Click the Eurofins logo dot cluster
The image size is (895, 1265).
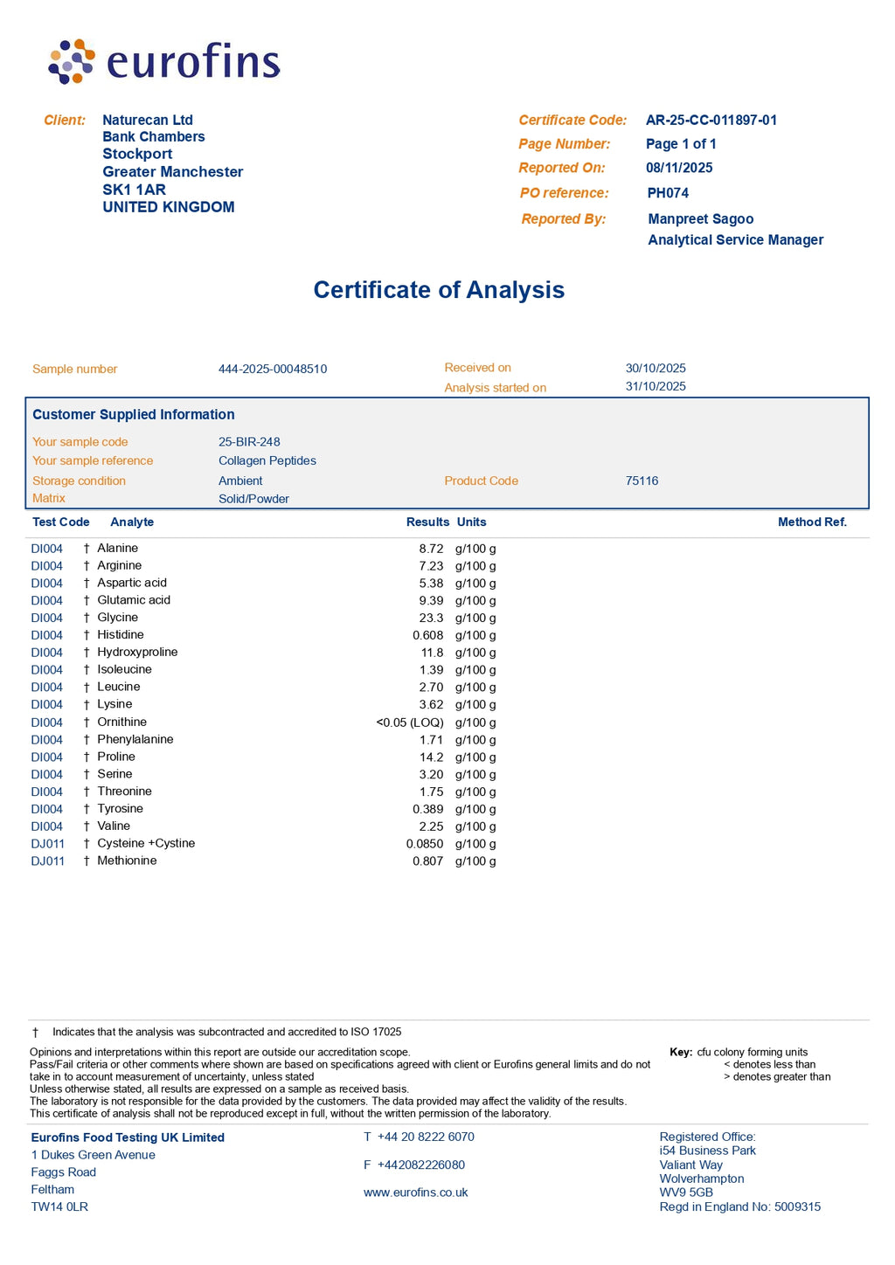pyautogui.click(x=72, y=61)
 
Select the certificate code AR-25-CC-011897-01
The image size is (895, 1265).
pyautogui.click(x=711, y=121)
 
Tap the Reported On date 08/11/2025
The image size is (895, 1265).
pyautogui.click(x=679, y=168)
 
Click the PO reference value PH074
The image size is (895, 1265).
pyautogui.click(x=668, y=193)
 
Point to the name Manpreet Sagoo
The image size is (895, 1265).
pyautogui.click(x=700, y=219)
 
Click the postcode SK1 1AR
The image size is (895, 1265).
pyautogui.click(x=134, y=190)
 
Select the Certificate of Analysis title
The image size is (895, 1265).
pyautogui.click(x=439, y=290)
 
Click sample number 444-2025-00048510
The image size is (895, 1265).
pyautogui.click(x=273, y=370)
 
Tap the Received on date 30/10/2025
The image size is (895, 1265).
pyautogui.click(x=656, y=369)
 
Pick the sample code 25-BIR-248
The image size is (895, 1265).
pyautogui.click(x=249, y=442)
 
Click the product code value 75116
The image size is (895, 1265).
pyautogui.click(x=642, y=481)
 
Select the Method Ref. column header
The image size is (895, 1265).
pyautogui.click(x=812, y=522)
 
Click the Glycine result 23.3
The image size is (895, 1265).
pyautogui.click(x=431, y=618)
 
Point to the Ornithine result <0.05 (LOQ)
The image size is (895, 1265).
pyautogui.click(x=410, y=722)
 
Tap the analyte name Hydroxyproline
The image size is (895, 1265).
pyautogui.click(x=137, y=653)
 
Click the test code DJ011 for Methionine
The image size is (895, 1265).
pyautogui.click(x=47, y=861)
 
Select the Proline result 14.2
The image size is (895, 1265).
pyautogui.click(x=431, y=757)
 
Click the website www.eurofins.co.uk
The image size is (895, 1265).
pyautogui.click(x=415, y=1192)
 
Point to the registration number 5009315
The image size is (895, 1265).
pyautogui.click(x=797, y=1207)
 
